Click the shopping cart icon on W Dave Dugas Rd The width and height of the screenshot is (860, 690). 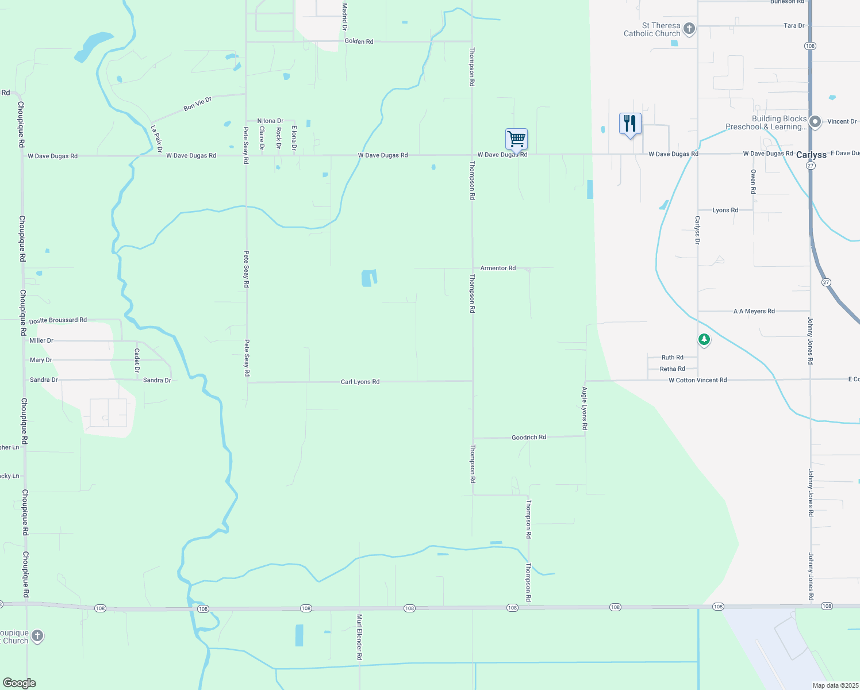point(516,139)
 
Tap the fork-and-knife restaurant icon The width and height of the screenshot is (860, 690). point(630,124)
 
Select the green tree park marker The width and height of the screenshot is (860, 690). point(704,340)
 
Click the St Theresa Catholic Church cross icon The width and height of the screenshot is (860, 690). point(689,29)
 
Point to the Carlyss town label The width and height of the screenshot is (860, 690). point(811,155)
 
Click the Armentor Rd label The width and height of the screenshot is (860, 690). point(498,269)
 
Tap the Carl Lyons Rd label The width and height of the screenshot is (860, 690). point(360,382)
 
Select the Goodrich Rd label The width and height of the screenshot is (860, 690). point(529,438)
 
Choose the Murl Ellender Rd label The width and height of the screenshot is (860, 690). point(359,637)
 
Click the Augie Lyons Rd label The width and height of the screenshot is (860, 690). point(585,408)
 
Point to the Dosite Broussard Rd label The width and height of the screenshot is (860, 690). point(58,320)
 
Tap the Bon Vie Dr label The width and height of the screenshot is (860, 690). point(198,104)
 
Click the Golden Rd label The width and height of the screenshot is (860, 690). point(359,41)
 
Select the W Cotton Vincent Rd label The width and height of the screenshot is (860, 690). point(697,380)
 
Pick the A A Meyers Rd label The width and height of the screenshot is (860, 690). point(754,311)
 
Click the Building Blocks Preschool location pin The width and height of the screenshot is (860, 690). point(815,122)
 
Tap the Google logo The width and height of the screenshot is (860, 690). point(20,683)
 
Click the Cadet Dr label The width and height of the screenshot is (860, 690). point(137,360)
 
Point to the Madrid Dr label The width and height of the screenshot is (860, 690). point(345,17)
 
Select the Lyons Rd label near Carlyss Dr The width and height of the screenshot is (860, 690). point(725,210)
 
